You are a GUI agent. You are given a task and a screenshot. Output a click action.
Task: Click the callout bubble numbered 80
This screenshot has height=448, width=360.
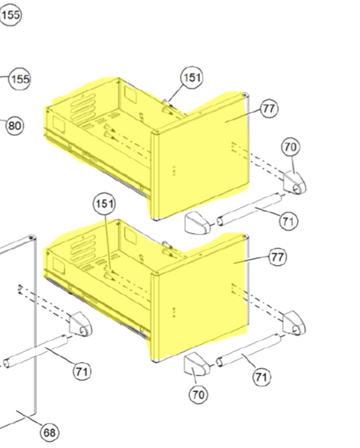point(15,126)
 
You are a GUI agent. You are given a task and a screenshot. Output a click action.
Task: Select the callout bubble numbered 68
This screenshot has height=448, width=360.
point(50,433)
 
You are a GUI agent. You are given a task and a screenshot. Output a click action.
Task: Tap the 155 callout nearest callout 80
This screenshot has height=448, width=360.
point(20,79)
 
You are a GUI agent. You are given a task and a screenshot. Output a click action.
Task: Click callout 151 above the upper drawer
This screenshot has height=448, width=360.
point(192,77)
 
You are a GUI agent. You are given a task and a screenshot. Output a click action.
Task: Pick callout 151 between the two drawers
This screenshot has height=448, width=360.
point(104,204)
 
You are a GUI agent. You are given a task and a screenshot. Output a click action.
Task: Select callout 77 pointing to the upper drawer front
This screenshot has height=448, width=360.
point(269,109)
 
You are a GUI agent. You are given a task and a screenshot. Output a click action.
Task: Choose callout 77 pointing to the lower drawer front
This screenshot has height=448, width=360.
point(277,257)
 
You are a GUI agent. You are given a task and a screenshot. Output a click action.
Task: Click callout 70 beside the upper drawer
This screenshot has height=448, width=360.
point(291,147)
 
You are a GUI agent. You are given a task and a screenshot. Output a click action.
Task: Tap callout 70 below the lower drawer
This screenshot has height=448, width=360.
point(198,395)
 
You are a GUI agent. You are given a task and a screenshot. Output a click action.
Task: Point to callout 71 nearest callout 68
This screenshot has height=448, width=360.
point(82,371)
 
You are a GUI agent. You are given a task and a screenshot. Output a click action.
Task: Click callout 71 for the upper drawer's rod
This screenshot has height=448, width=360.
point(289,221)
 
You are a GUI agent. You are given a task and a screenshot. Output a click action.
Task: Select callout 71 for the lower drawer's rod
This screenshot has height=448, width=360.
point(262,377)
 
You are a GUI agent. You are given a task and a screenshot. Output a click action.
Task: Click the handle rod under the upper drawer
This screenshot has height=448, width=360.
point(249,209)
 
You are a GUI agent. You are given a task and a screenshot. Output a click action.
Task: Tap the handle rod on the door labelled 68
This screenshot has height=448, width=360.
point(36,351)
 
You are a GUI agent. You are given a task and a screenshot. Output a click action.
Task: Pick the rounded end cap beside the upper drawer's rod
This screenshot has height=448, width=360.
point(198,223)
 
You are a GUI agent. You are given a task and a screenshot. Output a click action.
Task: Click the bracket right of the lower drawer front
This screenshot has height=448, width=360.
point(294,323)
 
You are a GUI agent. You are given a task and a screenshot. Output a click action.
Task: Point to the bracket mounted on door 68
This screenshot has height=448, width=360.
point(81,324)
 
